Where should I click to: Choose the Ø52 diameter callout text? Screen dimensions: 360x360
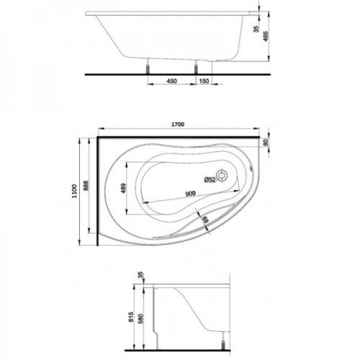coord(210,179)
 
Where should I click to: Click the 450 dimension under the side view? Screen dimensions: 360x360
coord(172,81)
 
